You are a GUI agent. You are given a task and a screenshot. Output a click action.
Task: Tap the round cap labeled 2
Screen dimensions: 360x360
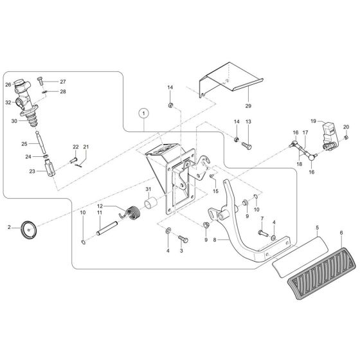pyautogui.click(x=28, y=228)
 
